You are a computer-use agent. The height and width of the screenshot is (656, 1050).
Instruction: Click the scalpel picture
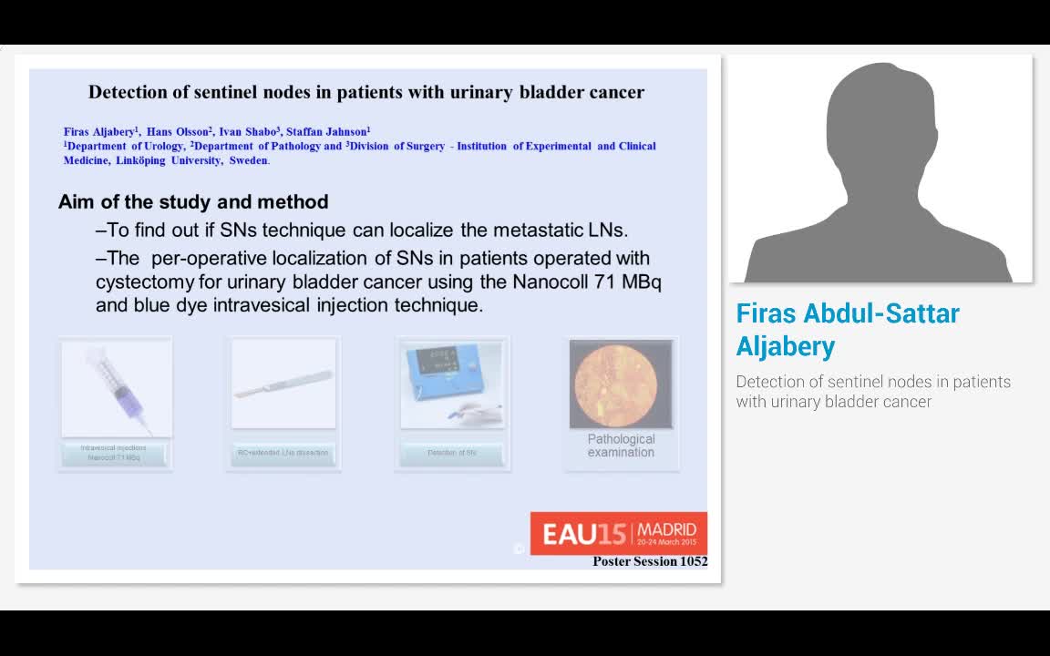click(x=283, y=384)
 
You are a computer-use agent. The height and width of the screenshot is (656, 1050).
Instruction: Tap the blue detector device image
click(x=452, y=384)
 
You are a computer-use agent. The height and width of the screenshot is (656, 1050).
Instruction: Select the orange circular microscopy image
click(x=621, y=384)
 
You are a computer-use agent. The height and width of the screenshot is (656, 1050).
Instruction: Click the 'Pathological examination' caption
click(x=621, y=446)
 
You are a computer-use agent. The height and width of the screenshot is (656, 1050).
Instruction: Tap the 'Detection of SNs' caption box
click(x=452, y=453)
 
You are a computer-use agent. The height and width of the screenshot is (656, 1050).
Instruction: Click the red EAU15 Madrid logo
click(x=619, y=533)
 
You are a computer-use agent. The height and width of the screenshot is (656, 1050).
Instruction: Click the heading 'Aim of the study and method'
click(x=193, y=202)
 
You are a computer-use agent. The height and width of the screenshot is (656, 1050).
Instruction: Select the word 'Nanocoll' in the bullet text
click(x=549, y=282)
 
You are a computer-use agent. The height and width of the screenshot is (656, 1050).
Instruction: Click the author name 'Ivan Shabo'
click(x=249, y=131)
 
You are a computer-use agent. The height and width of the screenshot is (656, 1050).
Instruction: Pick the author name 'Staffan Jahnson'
click(x=326, y=131)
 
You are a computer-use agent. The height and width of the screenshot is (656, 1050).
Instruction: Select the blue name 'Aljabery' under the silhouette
click(x=786, y=346)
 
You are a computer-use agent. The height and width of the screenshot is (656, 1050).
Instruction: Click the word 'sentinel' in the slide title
click(x=300, y=92)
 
